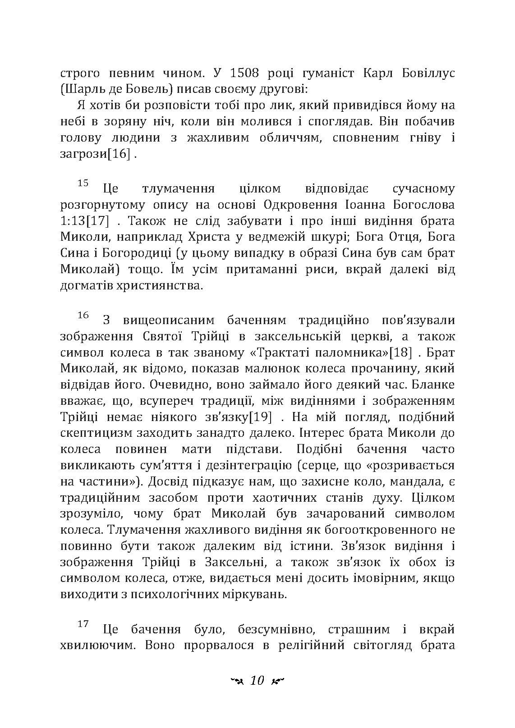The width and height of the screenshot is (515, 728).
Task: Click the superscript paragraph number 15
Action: [83, 183]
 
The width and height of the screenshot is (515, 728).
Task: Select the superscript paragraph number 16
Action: [83, 315]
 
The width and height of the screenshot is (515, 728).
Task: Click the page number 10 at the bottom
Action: [257, 681]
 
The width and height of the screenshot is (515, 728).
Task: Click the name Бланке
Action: [431, 385]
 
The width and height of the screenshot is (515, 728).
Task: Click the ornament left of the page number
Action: [236, 681]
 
